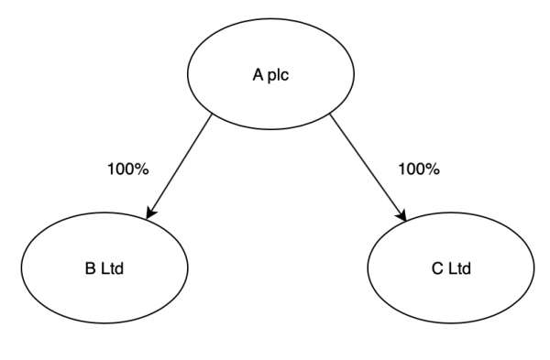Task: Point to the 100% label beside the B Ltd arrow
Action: (x=128, y=169)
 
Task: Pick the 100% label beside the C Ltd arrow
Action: (x=419, y=169)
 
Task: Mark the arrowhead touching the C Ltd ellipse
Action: (x=401, y=214)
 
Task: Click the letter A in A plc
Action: (x=258, y=77)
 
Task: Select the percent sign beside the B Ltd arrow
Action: (x=143, y=169)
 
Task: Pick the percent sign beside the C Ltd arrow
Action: (x=434, y=169)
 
